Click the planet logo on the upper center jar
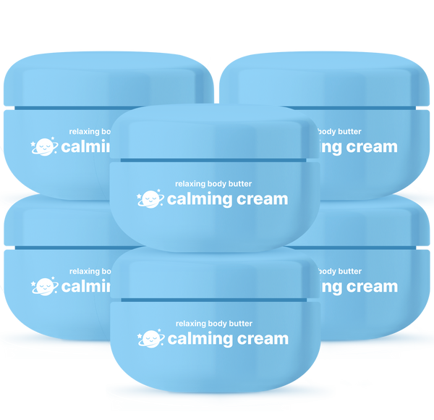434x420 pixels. coord(150,198)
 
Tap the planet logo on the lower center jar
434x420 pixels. coord(150,338)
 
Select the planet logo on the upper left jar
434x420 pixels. coord(44,147)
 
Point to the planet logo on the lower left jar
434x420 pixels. coord(44,287)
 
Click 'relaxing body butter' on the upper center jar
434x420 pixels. coord(213,184)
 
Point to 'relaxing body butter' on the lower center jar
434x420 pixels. coord(213,324)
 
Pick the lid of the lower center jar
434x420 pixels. coord(216,273)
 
